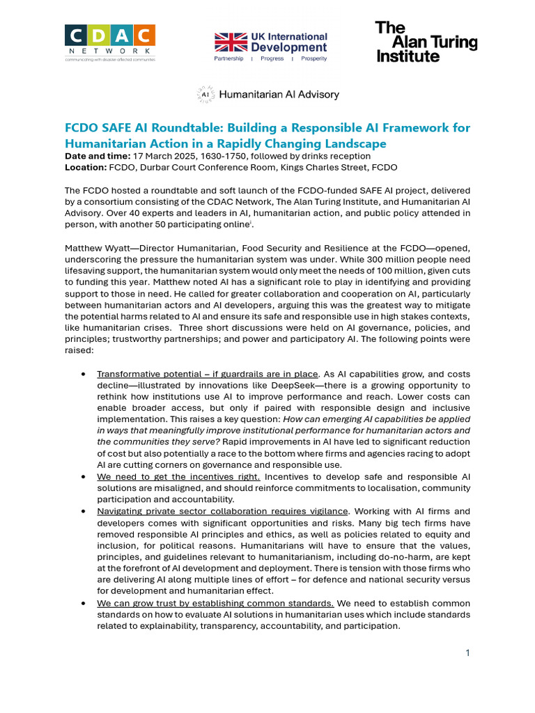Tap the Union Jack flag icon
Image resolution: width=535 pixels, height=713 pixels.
231,42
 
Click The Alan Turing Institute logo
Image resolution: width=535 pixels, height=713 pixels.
426,42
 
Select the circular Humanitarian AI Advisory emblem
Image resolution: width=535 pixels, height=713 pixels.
206,95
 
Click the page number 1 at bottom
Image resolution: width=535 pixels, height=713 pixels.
468,652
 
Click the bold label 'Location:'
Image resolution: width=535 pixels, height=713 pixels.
85,167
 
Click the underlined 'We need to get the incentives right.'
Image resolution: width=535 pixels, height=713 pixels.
179,476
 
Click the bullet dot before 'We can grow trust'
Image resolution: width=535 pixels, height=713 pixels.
84,603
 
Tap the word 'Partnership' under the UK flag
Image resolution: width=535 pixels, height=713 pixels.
229,59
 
